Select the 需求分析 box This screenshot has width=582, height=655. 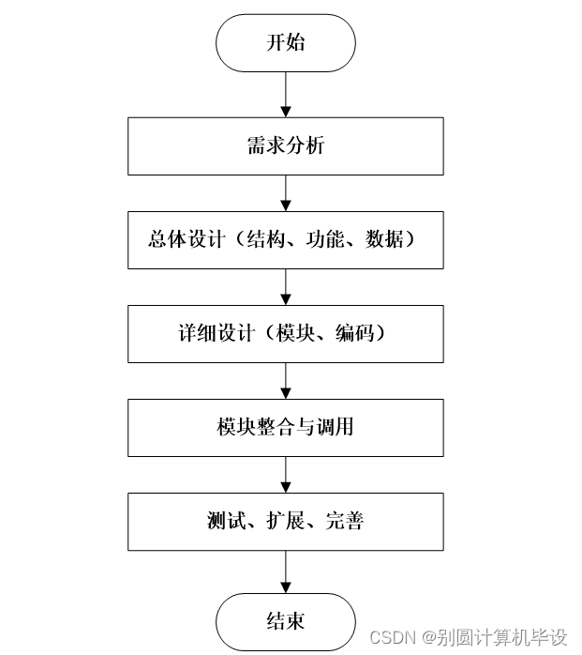(285, 146)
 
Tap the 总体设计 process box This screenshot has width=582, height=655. (285, 240)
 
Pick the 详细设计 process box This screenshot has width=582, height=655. (285, 334)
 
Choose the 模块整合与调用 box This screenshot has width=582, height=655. (285, 428)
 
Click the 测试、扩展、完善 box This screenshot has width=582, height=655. (285, 522)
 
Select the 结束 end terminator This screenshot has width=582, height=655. (285, 621)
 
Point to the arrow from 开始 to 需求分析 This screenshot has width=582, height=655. (285, 93)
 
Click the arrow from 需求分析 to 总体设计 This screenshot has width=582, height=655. (285, 193)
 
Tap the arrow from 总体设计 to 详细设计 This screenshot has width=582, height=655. (285, 287)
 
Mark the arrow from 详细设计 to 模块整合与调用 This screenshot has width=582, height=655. (285, 381)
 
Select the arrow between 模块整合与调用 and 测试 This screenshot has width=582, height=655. (285, 475)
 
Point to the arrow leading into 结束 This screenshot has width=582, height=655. (285, 573)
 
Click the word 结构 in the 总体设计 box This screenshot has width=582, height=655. (265, 240)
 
